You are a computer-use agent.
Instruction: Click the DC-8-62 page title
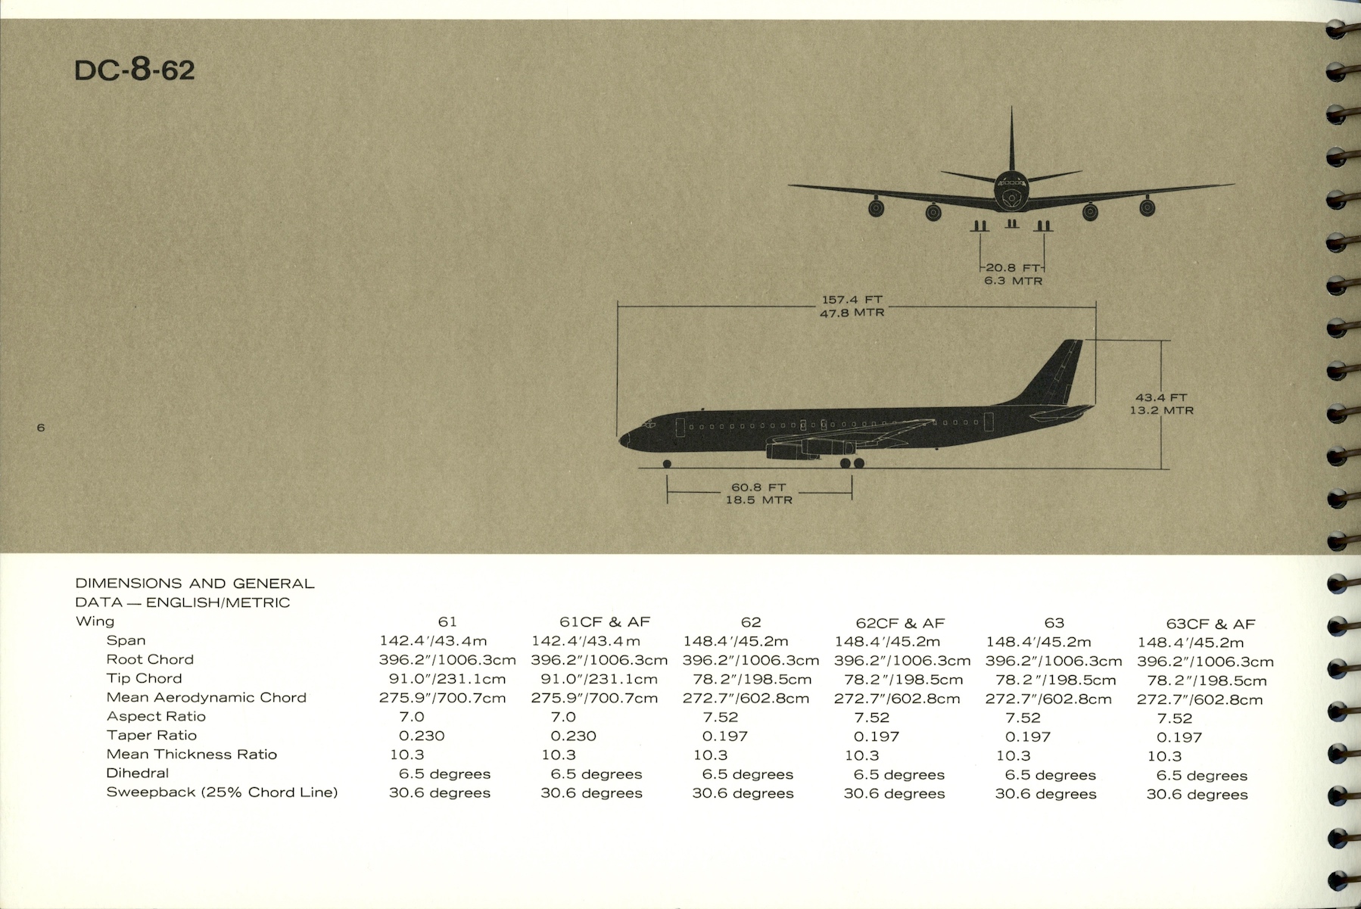point(135,70)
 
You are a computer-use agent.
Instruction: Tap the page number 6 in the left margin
point(41,428)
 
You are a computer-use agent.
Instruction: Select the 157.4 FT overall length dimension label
point(852,300)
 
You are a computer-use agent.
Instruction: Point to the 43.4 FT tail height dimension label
point(1161,397)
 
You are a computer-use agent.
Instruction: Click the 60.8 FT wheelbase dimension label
point(758,487)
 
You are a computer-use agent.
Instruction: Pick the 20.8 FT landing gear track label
point(1013,268)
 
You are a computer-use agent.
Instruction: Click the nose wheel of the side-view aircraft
point(667,464)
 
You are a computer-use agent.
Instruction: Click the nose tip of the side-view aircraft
point(621,439)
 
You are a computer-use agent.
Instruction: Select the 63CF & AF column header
point(1210,624)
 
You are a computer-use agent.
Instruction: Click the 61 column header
point(447,622)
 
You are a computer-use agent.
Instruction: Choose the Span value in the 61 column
point(433,641)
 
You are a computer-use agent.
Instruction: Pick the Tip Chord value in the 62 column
point(752,680)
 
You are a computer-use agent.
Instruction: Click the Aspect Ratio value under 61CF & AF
point(563,717)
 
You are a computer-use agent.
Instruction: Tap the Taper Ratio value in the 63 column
point(1028,737)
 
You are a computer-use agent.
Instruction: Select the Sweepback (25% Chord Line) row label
point(222,792)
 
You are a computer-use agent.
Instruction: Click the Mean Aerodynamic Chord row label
point(206,698)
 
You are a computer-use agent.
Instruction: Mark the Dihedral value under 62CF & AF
point(899,775)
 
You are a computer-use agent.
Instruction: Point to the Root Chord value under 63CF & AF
point(1205,662)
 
